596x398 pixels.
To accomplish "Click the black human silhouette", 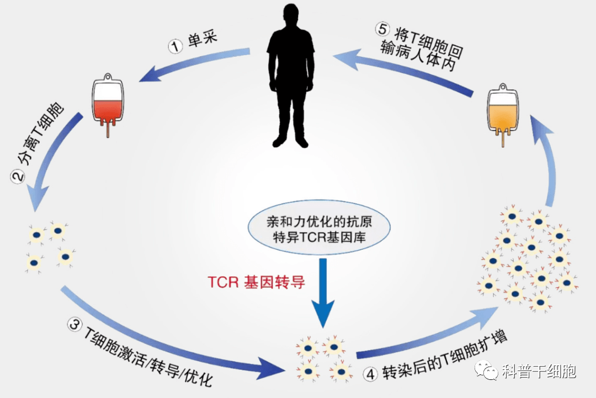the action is pos(291,76).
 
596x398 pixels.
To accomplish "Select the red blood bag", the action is pos(108,104).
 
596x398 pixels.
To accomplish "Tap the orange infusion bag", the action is pos(503,114).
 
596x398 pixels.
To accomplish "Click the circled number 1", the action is pos(175,47).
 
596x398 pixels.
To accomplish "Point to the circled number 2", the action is pos(18,177).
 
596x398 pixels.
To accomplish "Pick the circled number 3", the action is pos(74,325).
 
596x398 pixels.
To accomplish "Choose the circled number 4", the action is pos(370,374).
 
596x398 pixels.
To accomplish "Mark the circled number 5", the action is pos(382,29).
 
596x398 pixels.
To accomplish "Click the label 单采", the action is pos(203,39).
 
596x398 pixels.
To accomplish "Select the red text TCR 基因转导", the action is pos(256,282).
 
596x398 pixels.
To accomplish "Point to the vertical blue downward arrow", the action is pos(323,292).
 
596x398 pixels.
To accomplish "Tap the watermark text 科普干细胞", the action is pos(539,371).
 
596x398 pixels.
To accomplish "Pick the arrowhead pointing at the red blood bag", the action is pos(150,74).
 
